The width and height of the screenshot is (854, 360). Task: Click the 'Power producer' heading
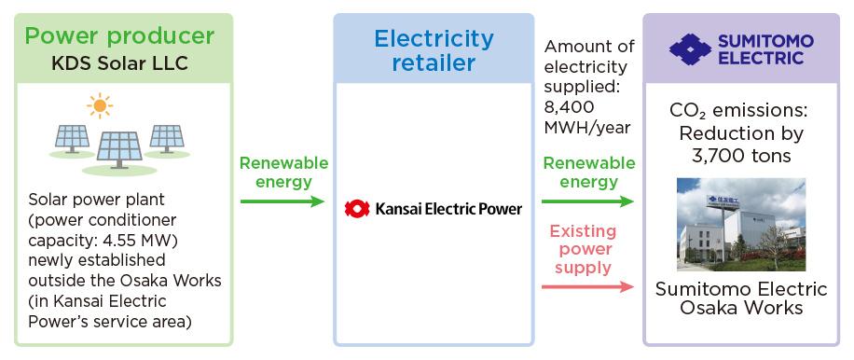(x=119, y=37)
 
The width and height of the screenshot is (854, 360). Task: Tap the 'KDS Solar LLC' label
(x=119, y=63)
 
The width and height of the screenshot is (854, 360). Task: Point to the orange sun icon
(x=97, y=105)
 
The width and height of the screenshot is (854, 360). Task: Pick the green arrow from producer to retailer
(x=282, y=201)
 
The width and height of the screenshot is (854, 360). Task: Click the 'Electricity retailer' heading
(x=434, y=51)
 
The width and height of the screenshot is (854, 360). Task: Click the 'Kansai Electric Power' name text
(x=448, y=207)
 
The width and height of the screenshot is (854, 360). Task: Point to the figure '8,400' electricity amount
(x=569, y=106)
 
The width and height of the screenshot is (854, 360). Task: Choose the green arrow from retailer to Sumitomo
(x=588, y=201)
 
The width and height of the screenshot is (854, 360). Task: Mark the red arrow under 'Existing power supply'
(x=588, y=286)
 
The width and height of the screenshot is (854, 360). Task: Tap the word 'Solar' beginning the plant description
(x=46, y=201)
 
